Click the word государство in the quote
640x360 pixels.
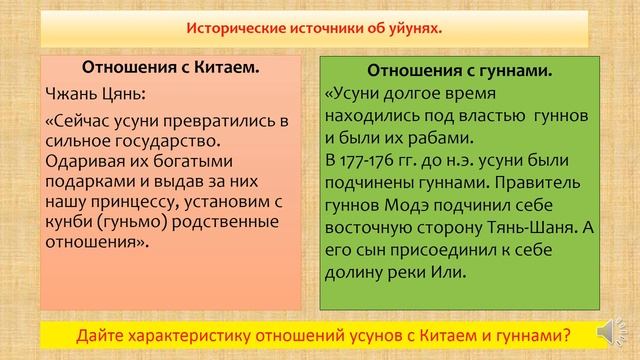pyautogui.click(x=149, y=141)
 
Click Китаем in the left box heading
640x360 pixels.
pyautogui.click(x=216, y=70)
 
